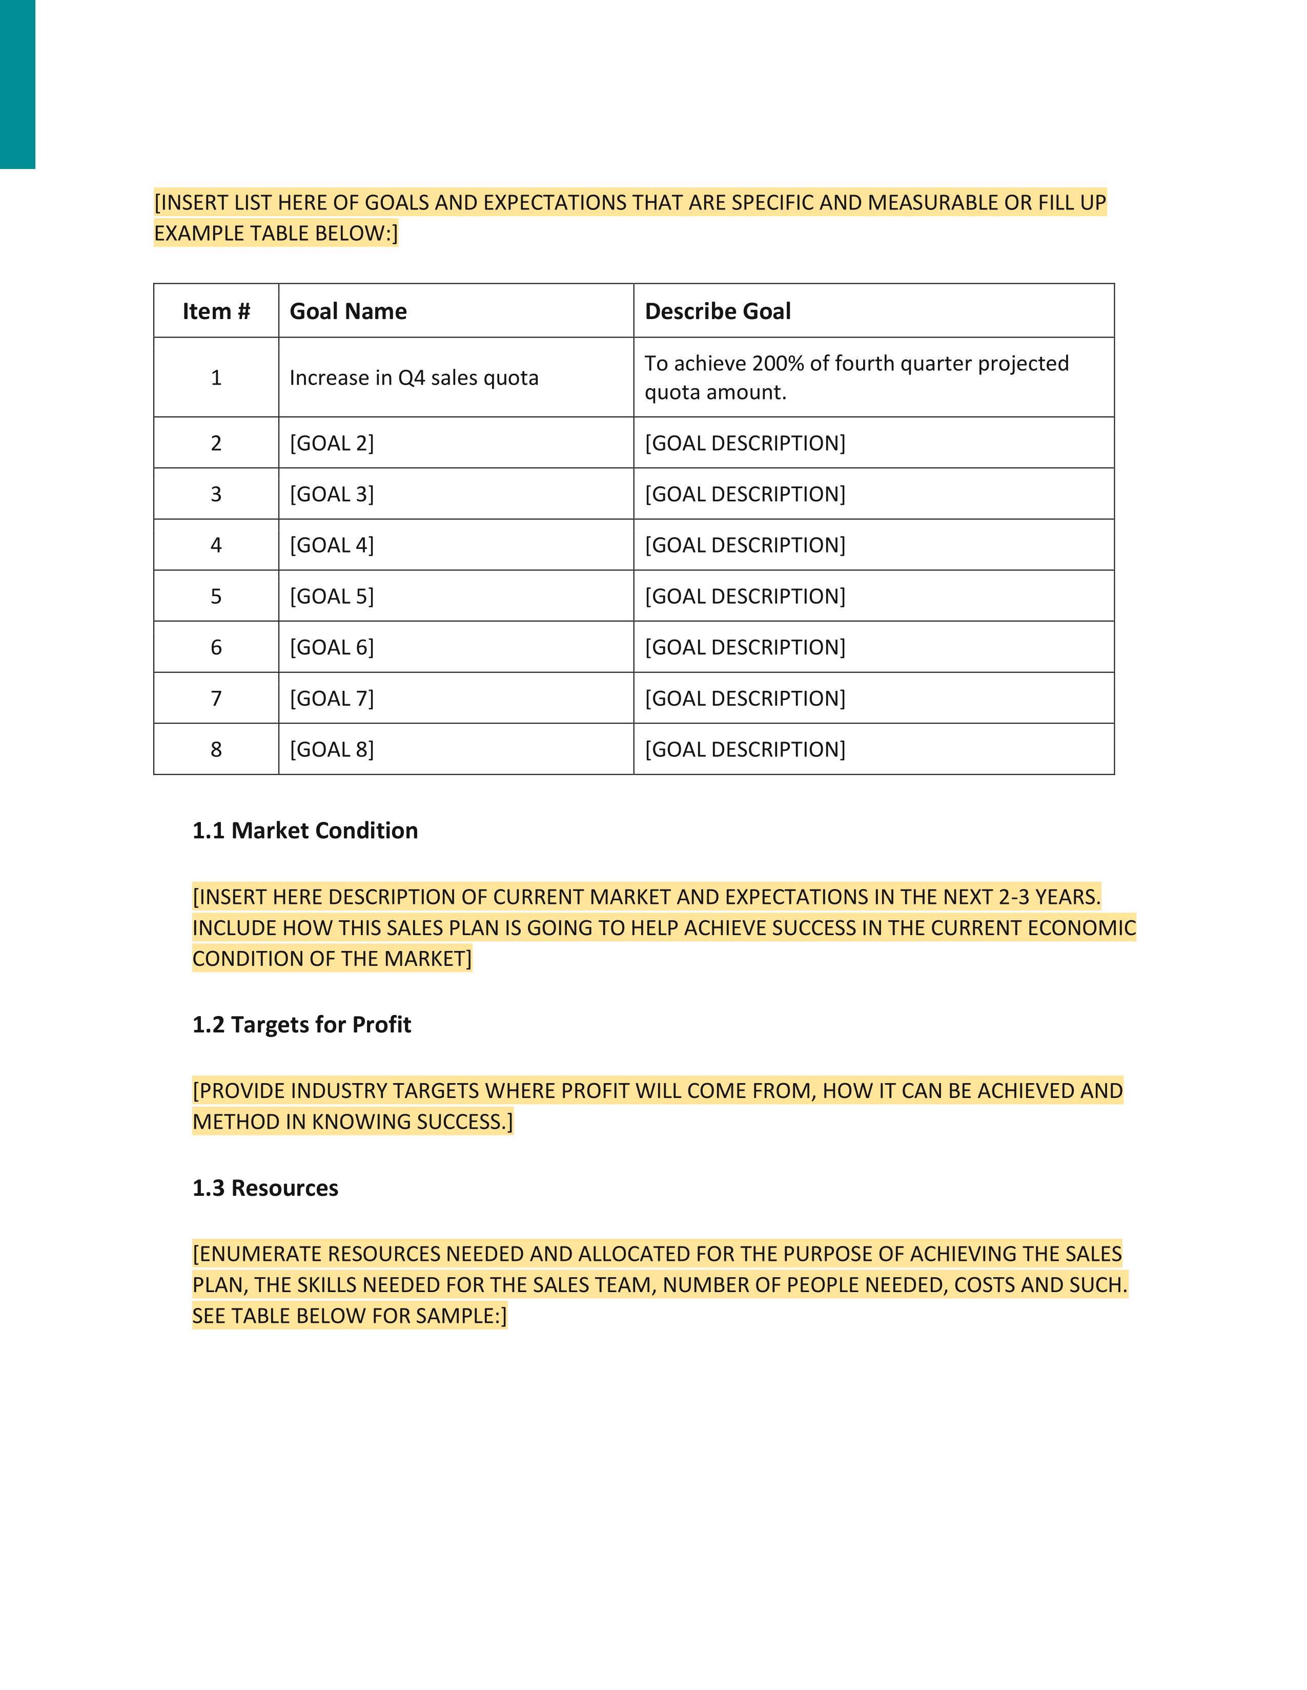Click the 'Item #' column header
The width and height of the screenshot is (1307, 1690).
pos(216,311)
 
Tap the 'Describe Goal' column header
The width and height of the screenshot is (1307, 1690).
pos(718,311)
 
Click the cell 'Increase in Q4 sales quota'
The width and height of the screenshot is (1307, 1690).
pos(414,377)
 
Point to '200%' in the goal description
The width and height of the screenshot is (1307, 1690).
pos(778,363)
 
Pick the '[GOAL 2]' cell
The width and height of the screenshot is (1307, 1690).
pos(332,443)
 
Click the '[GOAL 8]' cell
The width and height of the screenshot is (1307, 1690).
pos(332,750)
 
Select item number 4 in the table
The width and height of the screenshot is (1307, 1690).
pos(216,545)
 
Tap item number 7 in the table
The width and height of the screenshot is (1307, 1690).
pos(216,699)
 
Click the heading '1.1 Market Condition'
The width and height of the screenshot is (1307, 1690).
pos(305,830)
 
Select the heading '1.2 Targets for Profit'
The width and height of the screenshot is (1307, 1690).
pos(301,1025)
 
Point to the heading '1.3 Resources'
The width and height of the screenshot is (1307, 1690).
pos(265,1188)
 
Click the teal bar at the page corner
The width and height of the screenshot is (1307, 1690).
pos(17,83)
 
